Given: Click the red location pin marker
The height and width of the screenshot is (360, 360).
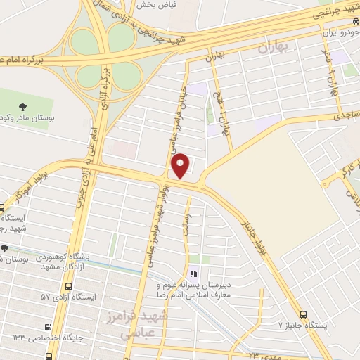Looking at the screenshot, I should [181, 165].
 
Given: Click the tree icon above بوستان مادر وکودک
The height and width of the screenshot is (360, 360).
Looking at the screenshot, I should [24, 107].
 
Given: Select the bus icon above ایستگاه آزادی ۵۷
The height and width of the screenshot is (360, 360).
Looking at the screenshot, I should [68, 287].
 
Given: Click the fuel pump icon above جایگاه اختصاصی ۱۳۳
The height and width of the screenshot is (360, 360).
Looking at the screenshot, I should [48, 327].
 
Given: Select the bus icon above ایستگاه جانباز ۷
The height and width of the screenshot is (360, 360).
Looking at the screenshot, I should [303, 314].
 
